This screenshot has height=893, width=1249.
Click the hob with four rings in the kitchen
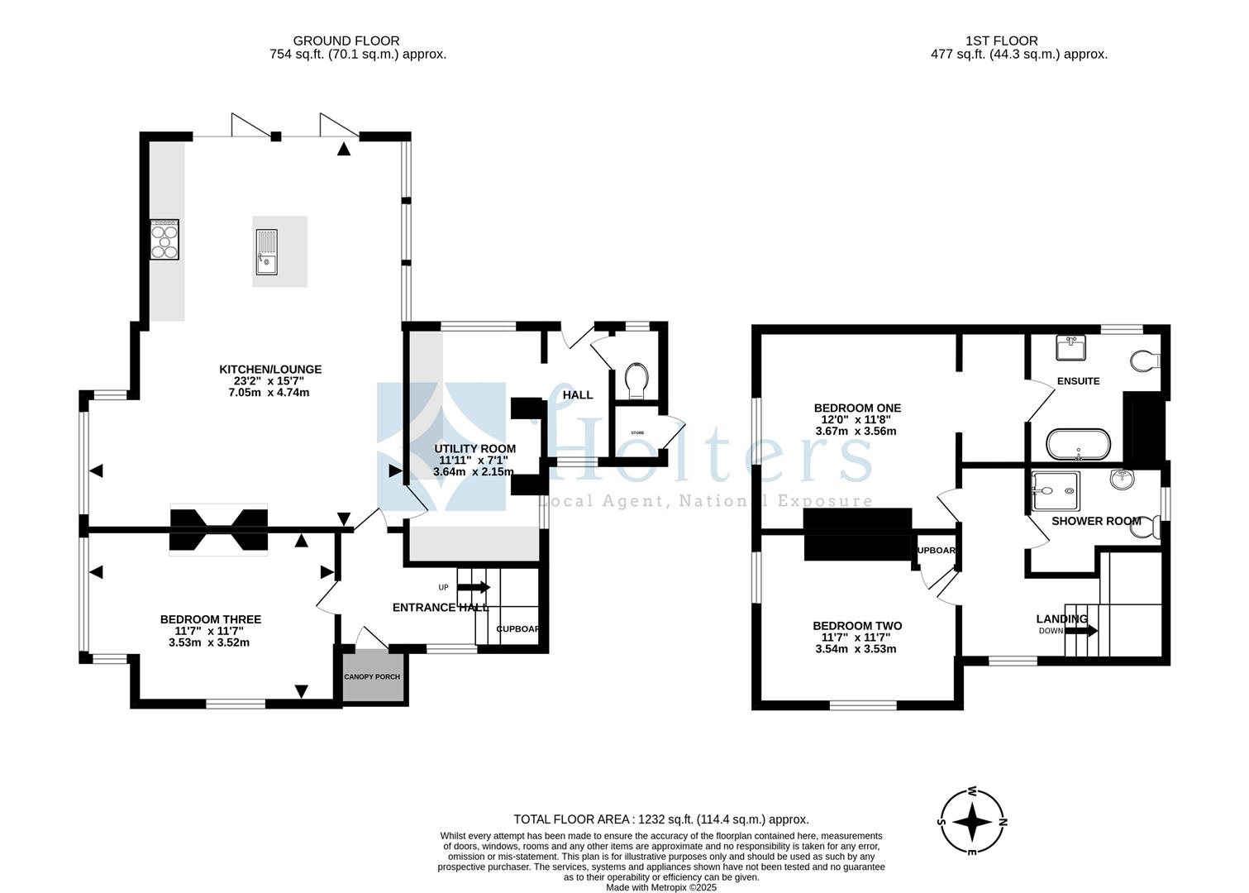pyautogui.click(x=164, y=240)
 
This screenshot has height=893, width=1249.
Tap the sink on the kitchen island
pyautogui.click(x=269, y=252)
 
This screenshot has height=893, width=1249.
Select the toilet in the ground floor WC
pyautogui.click(x=637, y=380)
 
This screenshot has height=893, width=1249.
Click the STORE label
pyautogui.click(x=637, y=433)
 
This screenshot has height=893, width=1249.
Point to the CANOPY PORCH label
pyautogui.click(x=372, y=677)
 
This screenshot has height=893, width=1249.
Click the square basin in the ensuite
pyautogui.click(x=1073, y=347)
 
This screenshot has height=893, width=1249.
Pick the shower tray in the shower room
pyautogui.click(x=1056, y=490)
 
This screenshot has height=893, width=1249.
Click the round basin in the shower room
pyautogui.click(x=1123, y=479)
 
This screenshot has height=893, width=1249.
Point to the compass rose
pyautogui.click(x=973, y=822)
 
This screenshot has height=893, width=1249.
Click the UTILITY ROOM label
pyautogui.click(x=475, y=449)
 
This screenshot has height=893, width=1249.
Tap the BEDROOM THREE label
pyautogui.click(x=211, y=619)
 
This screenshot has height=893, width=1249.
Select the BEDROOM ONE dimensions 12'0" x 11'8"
pyautogui.click(x=857, y=419)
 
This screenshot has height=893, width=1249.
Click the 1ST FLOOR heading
pyautogui.click(x=1001, y=41)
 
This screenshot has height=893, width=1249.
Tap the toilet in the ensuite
pyautogui.click(x=1146, y=360)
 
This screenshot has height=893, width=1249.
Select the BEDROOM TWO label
pyautogui.click(x=857, y=626)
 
